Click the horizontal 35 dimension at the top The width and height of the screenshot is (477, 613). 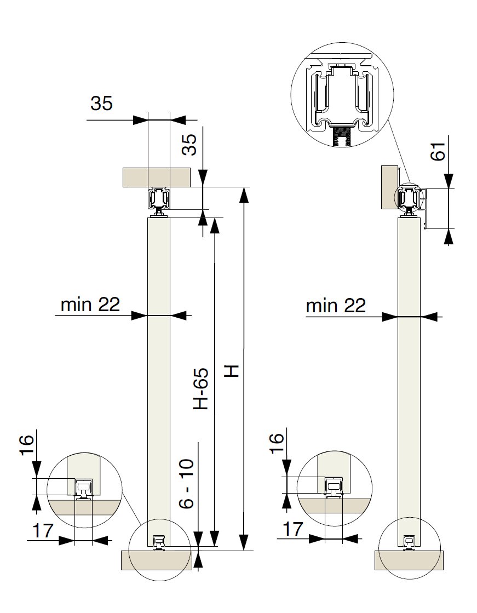101,103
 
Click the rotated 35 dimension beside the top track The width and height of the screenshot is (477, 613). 191,145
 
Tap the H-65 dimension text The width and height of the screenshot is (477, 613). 201,388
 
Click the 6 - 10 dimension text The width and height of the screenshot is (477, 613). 187,484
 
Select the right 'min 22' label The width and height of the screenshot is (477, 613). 336,305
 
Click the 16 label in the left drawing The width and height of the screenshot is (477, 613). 26,445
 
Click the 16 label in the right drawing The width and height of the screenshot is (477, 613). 277,443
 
